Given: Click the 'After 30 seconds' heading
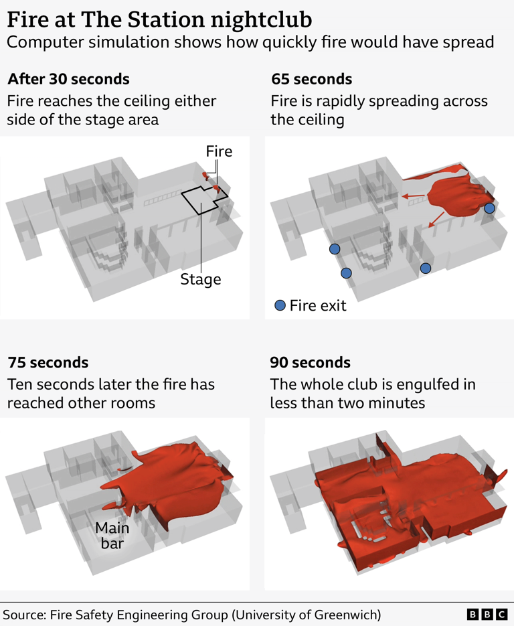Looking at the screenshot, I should (x=68, y=79).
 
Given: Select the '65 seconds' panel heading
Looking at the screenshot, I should (x=311, y=79).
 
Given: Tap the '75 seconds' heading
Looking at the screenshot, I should (x=48, y=362).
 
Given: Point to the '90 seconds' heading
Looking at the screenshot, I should (x=310, y=362).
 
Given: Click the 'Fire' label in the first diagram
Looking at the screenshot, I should (x=219, y=151).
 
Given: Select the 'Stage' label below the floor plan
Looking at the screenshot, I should (x=200, y=279).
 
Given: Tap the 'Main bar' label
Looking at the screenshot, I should (x=112, y=535).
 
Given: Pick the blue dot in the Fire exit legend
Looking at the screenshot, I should (x=280, y=306).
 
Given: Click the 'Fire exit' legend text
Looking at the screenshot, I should (x=318, y=306).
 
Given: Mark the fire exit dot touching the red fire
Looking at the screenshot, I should (x=489, y=208).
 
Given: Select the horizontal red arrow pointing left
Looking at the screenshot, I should (x=413, y=196).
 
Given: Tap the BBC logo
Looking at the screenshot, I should (x=487, y=614).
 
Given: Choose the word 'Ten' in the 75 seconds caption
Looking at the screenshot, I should (x=20, y=384).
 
